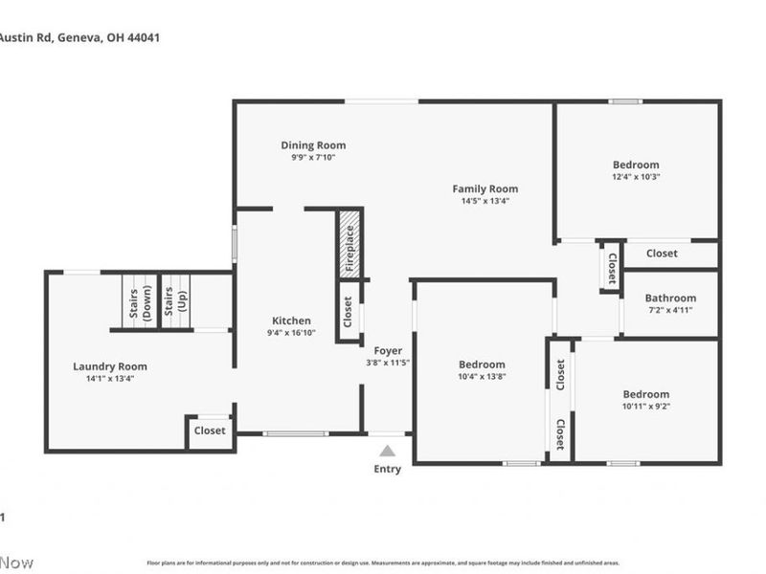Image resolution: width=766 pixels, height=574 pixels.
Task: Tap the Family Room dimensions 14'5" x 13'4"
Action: pyautogui.click(x=484, y=201)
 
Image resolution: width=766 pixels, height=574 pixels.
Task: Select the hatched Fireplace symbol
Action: pyautogui.click(x=350, y=246)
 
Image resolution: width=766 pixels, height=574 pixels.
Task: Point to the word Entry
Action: pyautogui.click(x=387, y=469)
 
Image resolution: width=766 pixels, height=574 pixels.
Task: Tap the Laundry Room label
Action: pyautogui.click(x=110, y=366)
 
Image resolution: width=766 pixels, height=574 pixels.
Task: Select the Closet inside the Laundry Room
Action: pyautogui.click(x=210, y=430)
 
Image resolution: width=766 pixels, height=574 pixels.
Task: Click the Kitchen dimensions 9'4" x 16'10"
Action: pyautogui.click(x=291, y=333)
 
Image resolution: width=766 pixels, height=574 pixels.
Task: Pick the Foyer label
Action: pyautogui.click(x=388, y=350)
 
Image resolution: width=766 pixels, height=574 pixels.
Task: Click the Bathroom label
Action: pyautogui.click(x=669, y=298)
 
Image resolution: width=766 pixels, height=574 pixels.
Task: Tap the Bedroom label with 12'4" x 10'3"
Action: pyautogui.click(x=636, y=165)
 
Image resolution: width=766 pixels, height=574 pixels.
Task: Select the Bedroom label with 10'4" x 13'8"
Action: pyautogui.click(x=482, y=364)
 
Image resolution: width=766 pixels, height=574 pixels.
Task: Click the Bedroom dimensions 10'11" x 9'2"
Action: pyautogui.click(x=645, y=406)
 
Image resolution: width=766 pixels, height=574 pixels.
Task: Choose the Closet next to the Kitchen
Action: pyautogui.click(x=348, y=308)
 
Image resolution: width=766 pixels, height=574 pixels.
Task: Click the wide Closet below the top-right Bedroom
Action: pyautogui.click(x=662, y=254)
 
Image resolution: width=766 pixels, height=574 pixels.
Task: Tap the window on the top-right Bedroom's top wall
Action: pyautogui.click(x=625, y=101)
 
